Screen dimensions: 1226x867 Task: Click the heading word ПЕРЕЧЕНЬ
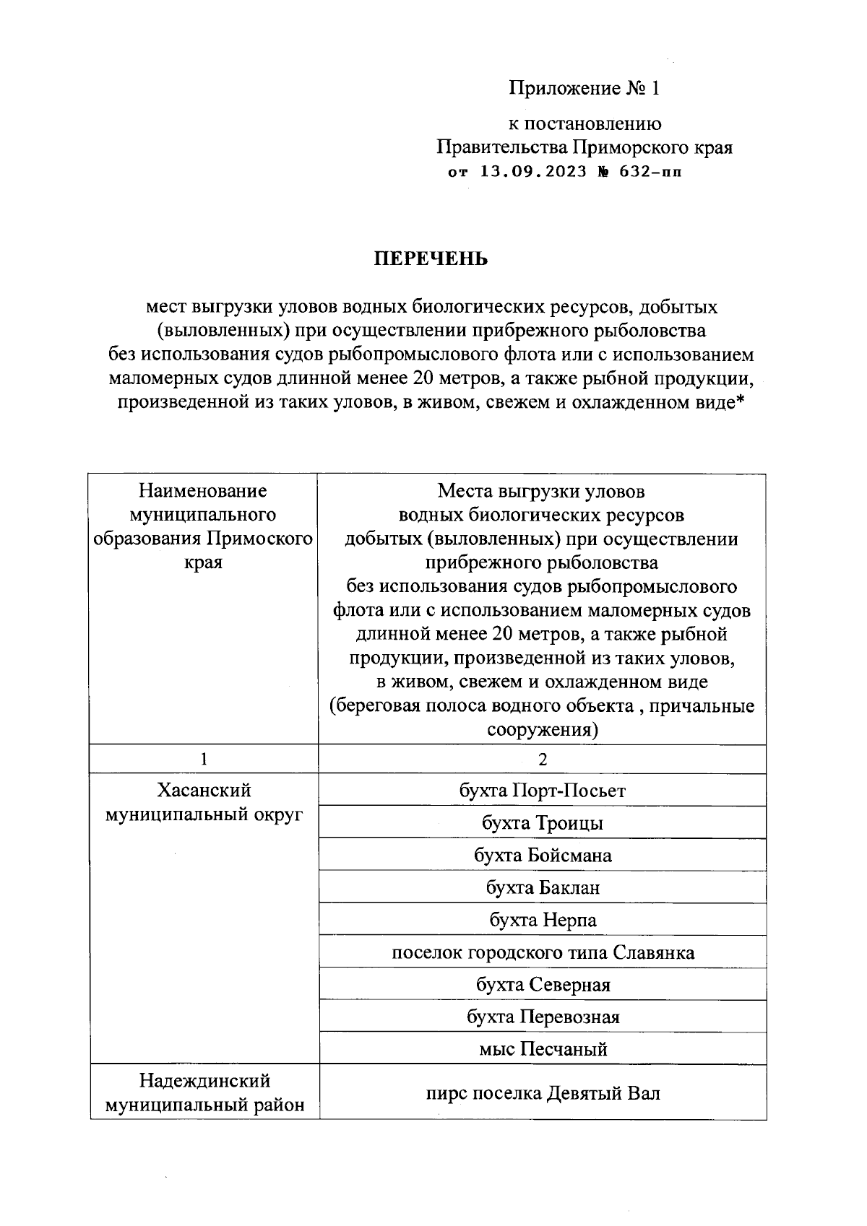(x=430, y=258)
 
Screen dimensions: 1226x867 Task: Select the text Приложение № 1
(x=584, y=88)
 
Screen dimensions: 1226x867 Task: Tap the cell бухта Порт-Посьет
(x=542, y=791)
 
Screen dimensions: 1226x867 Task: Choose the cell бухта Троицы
(x=542, y=823)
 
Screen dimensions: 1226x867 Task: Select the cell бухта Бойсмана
(x=542, y=856)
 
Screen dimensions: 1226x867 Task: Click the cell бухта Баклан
(x=542, y=887)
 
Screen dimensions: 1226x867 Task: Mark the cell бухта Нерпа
(x=542, y=920)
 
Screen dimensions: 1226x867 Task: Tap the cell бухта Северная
(x=542, y=985)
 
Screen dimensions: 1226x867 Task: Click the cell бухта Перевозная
(x=542, y=1017)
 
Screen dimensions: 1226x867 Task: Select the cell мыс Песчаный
(x=542, y=1049)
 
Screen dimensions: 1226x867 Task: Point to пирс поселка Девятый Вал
(x=542, y=1093)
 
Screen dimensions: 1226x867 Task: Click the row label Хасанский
(x=204, y=791)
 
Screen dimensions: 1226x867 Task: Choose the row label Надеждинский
(x=204, y=1081)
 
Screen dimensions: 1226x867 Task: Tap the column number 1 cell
(x=204, y=759)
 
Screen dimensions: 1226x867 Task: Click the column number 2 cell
(x=542, y=759)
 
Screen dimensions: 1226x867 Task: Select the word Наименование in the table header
(x=203, y=492)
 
